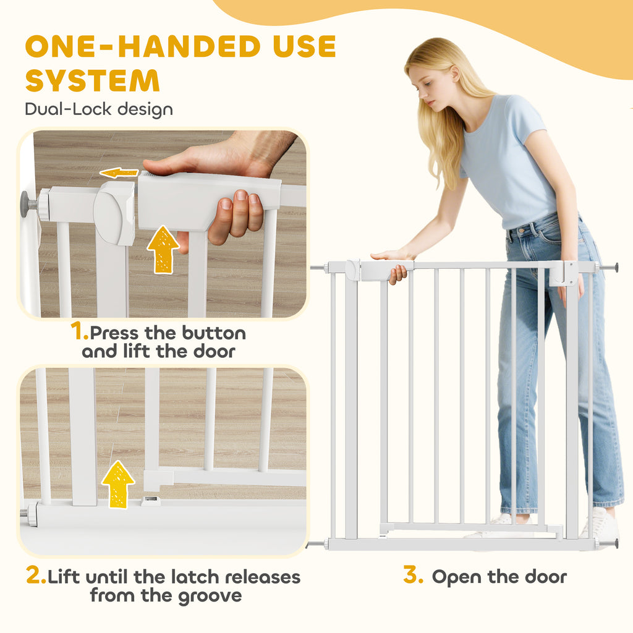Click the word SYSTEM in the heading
tap(93, 80)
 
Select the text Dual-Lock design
tap(99, 109)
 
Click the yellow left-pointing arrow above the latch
tap(119, 173)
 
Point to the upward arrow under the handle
tap(163, 250)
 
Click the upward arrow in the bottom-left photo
tap(118, 484)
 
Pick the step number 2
tap(35, 575)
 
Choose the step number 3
tap(413, 574)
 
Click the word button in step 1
tap(214, 333)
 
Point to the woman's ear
tap(455, 75)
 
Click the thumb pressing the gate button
tap(169, 166)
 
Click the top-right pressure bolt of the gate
tap(609, 267)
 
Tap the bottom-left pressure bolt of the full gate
tap(317, 544)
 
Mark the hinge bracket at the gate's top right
tap(564, 273)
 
